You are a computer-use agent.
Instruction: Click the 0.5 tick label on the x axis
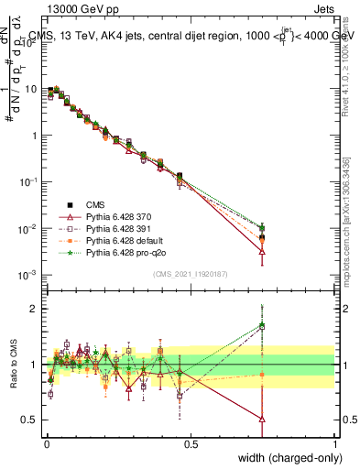191,444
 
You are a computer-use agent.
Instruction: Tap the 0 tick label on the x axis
47,444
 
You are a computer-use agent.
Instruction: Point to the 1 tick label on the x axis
334,444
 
